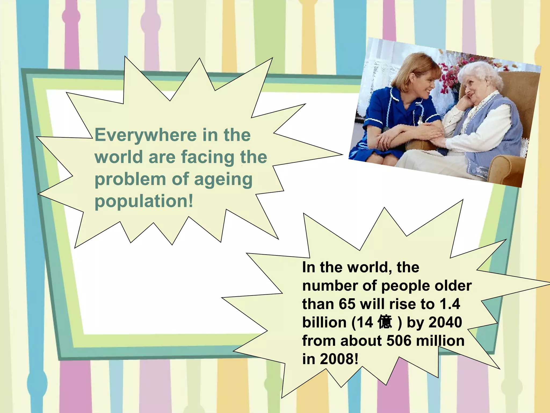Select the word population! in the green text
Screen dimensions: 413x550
[x=144, y=202]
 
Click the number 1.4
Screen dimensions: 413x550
[x=450, y=304]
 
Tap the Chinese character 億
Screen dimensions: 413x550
[x=385, y=322]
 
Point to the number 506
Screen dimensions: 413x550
[x=399, y=341]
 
